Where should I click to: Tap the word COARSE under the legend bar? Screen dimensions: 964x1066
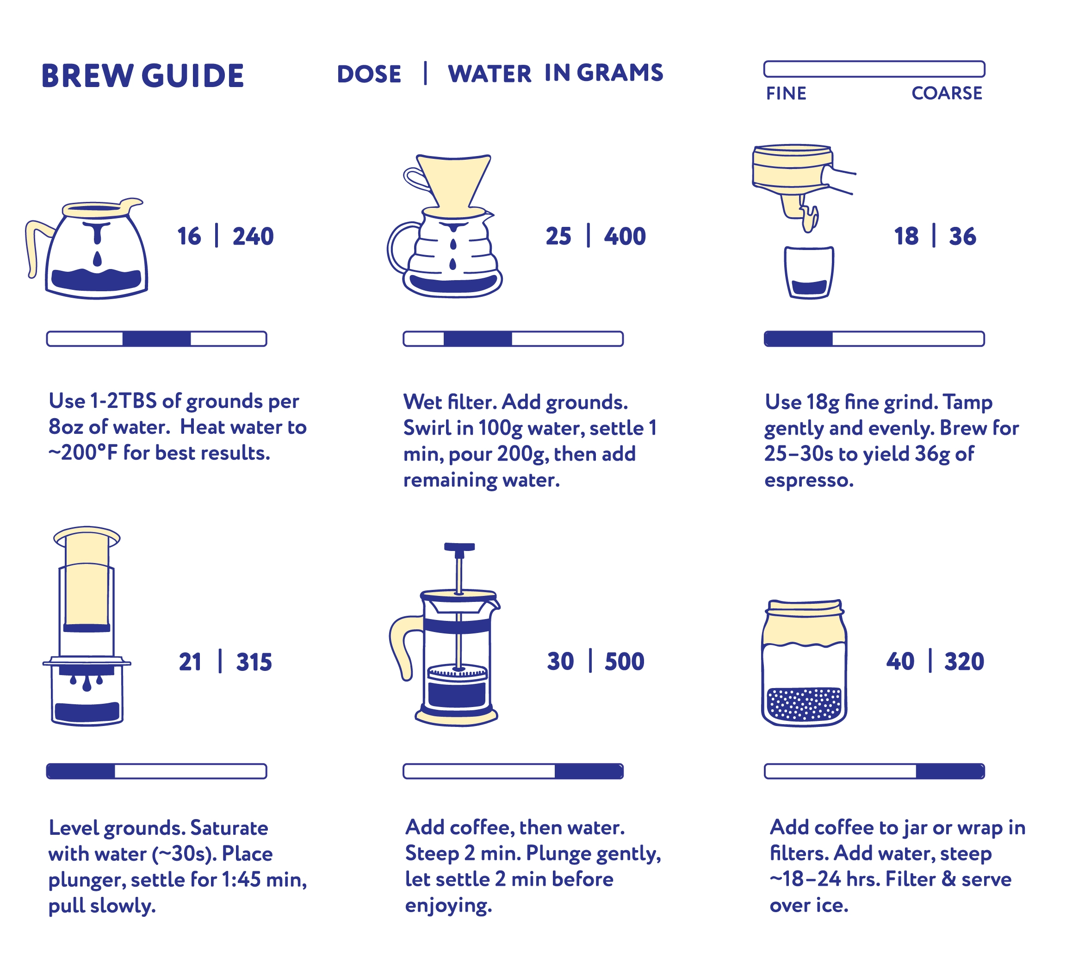(x=947, y=93)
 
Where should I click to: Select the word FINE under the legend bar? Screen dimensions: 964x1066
(x=786, y=94)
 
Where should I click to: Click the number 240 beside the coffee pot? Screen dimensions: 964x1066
(x=253, y=237)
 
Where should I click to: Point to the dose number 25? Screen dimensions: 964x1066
(x=558, y=237)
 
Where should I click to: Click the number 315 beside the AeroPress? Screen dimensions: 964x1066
(x=254, y=662)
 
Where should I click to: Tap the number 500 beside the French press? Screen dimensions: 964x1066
(x=625, y=661)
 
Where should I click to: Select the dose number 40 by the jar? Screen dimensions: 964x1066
(x=900, y=661)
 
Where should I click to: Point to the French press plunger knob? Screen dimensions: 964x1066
(x=459, y=547)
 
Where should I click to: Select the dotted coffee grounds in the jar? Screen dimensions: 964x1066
(x=803, y=704)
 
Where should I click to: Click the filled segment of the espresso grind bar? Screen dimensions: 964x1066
(x=799, y=338)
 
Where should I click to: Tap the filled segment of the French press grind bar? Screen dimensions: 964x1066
(x=589, y=771)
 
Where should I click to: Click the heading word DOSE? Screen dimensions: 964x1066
(x=369, y=74)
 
